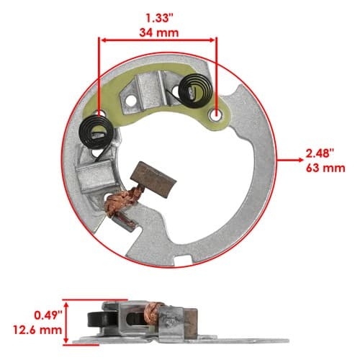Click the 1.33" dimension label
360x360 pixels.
click(158, 19)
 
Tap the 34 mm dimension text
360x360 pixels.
click(159, 32)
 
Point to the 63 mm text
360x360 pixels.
click(325, 168)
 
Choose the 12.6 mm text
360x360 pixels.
click(37, 330)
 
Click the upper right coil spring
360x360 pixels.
click(196, 90)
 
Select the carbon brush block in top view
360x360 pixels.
click(153, 179)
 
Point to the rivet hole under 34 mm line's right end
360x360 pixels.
click(217, 115)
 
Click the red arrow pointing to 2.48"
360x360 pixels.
click(290, 160)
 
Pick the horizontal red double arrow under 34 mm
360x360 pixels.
click(158, 40)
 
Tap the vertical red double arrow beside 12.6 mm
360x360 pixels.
click(66, 323)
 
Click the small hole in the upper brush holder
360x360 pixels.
click(131, 101)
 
